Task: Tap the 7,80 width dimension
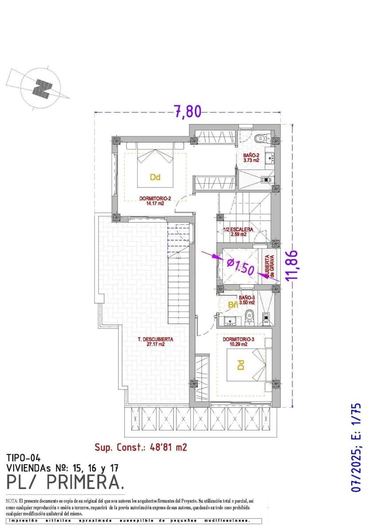pos(188,111)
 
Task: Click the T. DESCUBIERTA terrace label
pos(155,341)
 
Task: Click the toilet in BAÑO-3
pos(250,315)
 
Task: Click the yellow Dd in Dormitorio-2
pos(155,177)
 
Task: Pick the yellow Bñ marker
pos(233,305)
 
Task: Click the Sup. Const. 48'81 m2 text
pos(141,447)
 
